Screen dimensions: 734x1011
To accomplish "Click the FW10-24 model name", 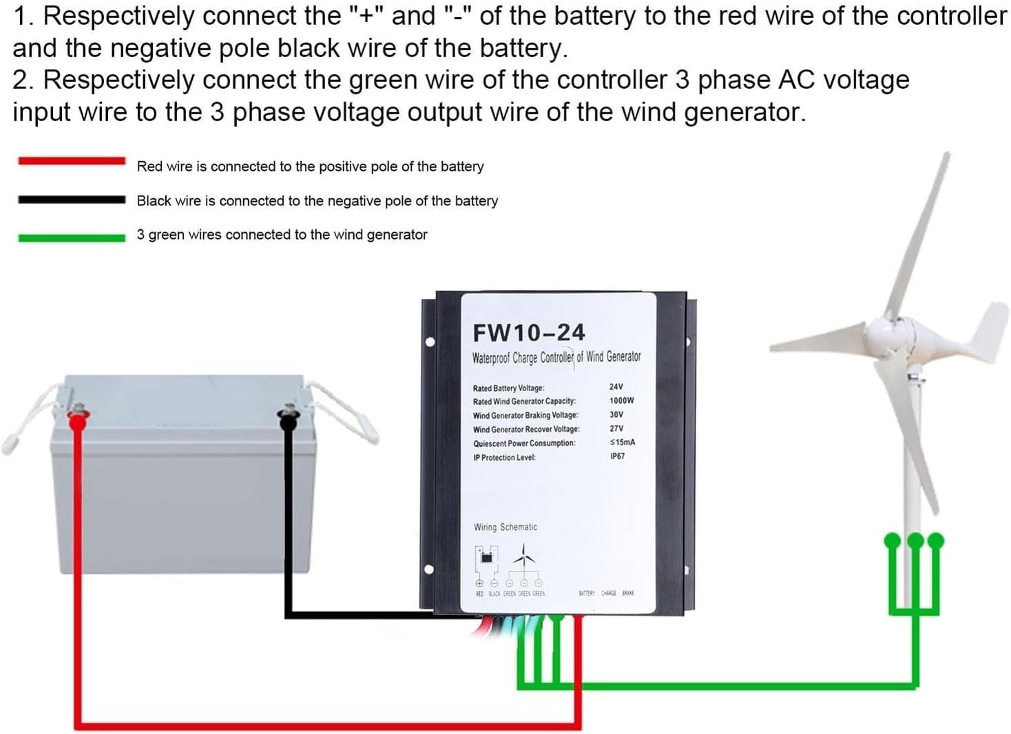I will click(x=528, y=333).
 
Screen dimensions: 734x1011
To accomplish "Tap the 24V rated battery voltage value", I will click(x=616, y=387).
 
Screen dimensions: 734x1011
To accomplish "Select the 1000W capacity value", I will click(x=621, y=401).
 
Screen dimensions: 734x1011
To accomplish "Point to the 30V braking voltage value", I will click(x=616, y=415).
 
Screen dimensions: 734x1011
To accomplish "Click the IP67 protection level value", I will click(x=617, y=457).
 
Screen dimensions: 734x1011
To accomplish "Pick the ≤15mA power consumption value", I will click(x=622, y=442).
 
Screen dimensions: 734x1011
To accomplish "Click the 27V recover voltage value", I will click(x=616, y=428).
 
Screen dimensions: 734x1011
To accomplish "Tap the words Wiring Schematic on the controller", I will click(x=505, y=527).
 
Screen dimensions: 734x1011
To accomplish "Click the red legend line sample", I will click(x=72, y=161).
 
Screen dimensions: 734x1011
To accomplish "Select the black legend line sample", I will click(x=72, y=200).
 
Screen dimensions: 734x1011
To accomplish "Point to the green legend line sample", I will click(x=72, y=238).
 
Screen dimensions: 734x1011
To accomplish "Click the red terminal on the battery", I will click(x=78, y=416).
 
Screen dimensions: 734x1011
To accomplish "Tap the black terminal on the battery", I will click(x=287, y=416).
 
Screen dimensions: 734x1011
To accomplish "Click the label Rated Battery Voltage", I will click(x=508, y=388).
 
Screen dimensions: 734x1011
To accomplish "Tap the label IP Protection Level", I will click(x=504, y=458).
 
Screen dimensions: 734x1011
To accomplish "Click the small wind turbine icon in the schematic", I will click(x=524, y=555).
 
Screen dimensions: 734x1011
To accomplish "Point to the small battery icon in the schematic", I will click(x=486, y=556).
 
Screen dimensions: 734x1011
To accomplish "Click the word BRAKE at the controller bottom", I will click(x=628, y=593).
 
